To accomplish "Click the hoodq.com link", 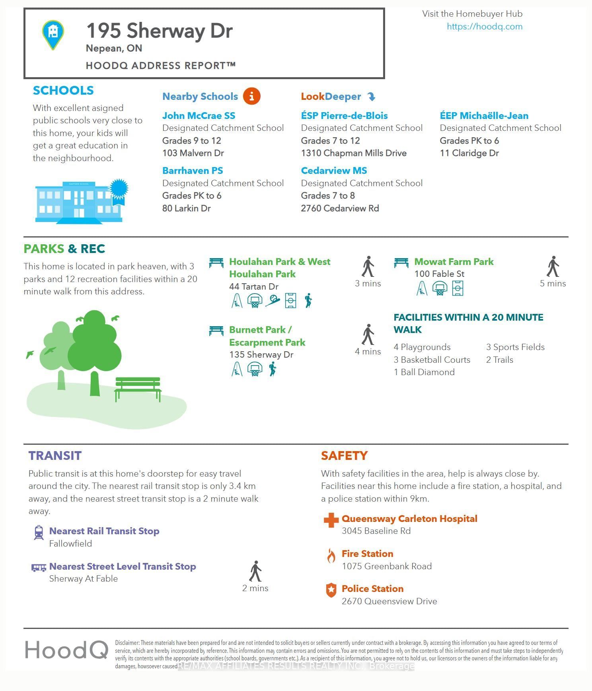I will pos(484,27).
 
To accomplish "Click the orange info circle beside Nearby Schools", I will pos(251,96).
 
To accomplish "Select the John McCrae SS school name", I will pos(199,116).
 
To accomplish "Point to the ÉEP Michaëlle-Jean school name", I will pos(484,116).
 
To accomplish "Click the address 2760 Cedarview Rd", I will pos(340,208).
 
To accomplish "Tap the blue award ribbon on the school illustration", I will pos(119,191).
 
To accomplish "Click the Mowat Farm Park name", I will pos(454,262).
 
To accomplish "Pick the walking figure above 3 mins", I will pos(368,267).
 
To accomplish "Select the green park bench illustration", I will pos(138,388).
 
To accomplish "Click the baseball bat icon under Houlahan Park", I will pos(273,300).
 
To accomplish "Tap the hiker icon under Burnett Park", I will pos(273,369).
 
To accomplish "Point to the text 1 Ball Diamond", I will pos(424,372).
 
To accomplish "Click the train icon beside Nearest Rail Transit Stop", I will pos(39,533).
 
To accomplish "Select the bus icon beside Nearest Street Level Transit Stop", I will pos(39,567).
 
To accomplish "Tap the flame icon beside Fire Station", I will pos(331,556).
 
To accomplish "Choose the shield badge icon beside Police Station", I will pos(331,590).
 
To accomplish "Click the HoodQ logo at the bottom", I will pos(67,650).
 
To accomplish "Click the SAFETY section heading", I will pos(344,456).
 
